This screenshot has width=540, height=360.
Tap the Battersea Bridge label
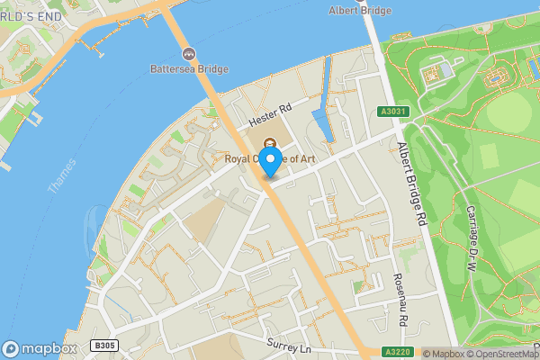[x=189, y=68]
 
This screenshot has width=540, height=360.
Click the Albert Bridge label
[x=361, y=10]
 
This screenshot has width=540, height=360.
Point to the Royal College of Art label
[x=270, y=159]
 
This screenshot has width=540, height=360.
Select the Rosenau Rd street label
[x=401, y=301]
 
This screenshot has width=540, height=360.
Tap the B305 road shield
[x=105, y=346]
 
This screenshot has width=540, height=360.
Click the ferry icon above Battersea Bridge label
[x=189, y=54]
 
